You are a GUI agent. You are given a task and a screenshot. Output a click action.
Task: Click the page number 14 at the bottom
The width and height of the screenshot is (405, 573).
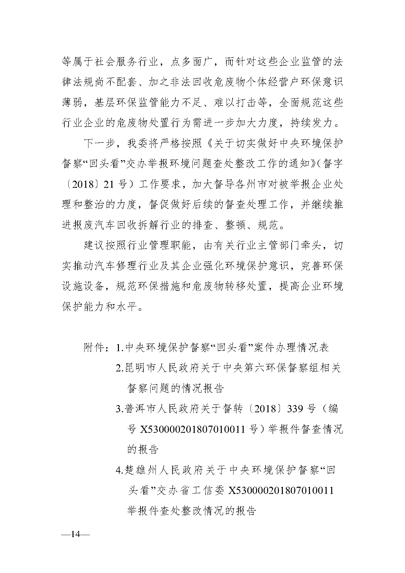tap(75, 544)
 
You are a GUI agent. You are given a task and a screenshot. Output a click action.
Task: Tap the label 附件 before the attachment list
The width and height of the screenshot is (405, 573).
tap(94, 348)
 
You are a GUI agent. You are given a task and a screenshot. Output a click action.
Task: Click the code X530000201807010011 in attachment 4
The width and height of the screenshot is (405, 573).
tap(281, 490)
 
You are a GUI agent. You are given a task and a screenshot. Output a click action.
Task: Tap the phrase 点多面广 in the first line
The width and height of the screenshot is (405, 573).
tap(192, 62)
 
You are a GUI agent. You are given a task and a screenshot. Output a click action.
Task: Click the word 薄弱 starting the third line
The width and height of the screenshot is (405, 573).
tap(72, 103)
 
